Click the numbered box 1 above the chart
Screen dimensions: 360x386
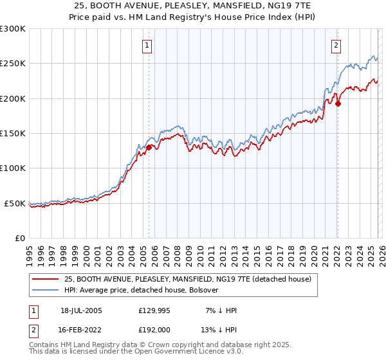point(148,45)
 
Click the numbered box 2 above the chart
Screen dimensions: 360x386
point(336,45)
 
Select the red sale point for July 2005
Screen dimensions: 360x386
point(149,147)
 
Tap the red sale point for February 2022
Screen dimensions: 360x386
point(338,104)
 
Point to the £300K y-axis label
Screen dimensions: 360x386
point(12,29)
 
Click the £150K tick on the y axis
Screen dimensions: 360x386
point(12,134)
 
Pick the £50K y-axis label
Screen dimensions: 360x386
point(15,203)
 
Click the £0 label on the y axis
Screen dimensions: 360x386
point(19,238)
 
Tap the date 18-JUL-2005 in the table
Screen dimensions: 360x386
point(81,310)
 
